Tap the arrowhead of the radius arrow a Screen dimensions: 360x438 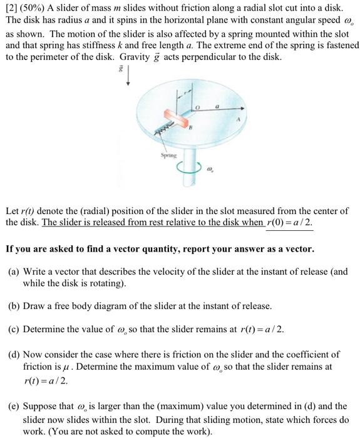(x=240, y=116)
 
